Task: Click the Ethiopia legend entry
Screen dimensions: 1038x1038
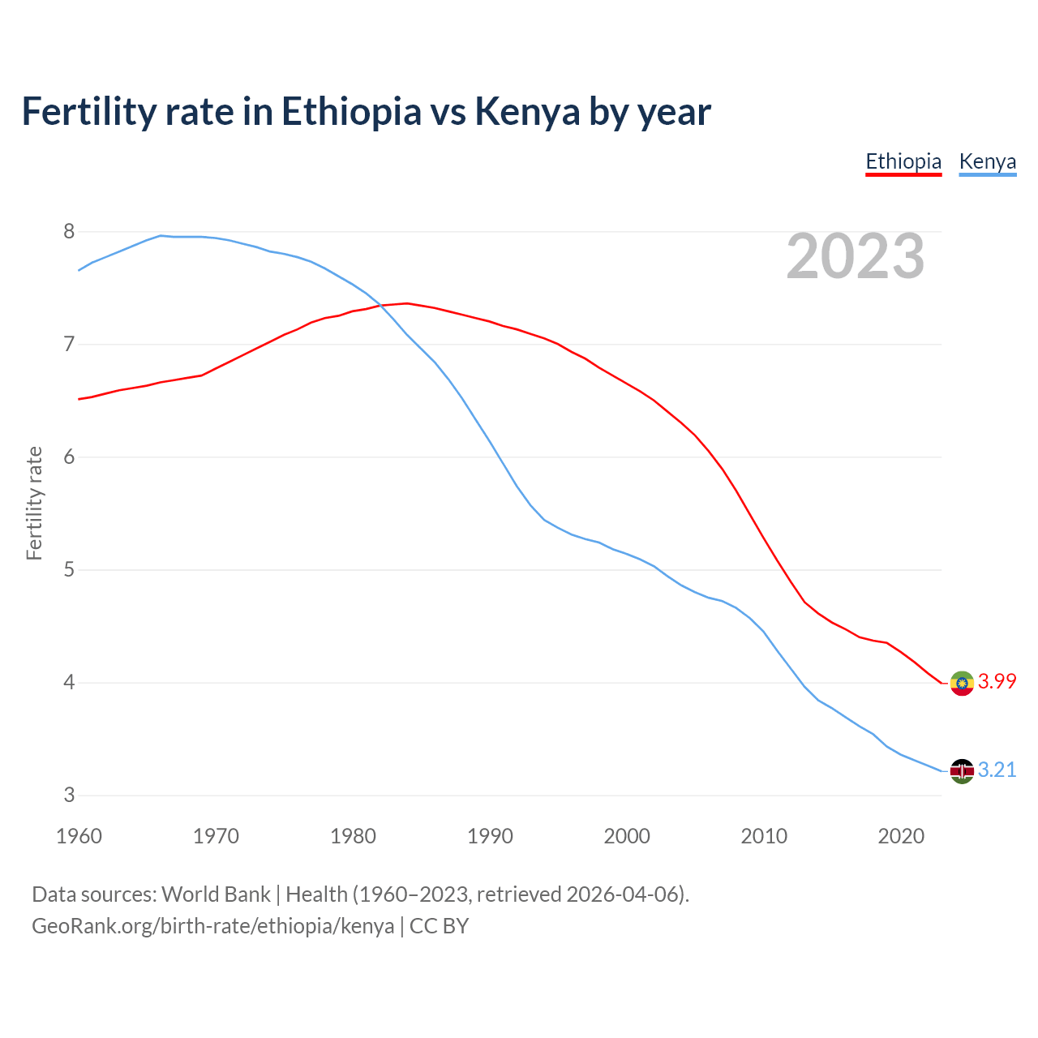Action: pos(903,161)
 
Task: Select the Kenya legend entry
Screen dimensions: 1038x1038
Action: pos(987,161)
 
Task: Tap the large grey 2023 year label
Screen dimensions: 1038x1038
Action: pos(856,256)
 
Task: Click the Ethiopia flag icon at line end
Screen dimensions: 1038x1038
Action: pos(962,683)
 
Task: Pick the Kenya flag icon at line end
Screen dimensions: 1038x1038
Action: pos(962,771)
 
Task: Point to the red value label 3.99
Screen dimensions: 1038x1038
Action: pos(997,682)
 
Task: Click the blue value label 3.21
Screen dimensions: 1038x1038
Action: pos(997,770)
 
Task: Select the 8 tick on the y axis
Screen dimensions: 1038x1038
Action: pos(69,232)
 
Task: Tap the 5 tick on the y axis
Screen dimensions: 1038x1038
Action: pos(69,570)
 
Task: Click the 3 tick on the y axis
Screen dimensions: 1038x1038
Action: pos(69,796)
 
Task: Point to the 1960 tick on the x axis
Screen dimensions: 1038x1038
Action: pos(79,836)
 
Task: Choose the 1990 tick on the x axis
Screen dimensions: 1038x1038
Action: pos(490,836)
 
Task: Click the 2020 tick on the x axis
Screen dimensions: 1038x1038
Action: pos(901,836)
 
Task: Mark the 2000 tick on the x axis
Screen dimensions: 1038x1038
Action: pos(627,836)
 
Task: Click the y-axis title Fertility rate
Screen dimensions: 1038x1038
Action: pos(34,503)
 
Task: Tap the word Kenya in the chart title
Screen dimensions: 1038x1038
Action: pos(527,112)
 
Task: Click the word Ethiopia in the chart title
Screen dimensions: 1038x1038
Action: pos(351,112)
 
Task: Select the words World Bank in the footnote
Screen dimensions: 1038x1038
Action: pos(216,894)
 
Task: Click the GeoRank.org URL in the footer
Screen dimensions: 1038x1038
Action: pos(212,926)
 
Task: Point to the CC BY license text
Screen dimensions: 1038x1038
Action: pos(439,926)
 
